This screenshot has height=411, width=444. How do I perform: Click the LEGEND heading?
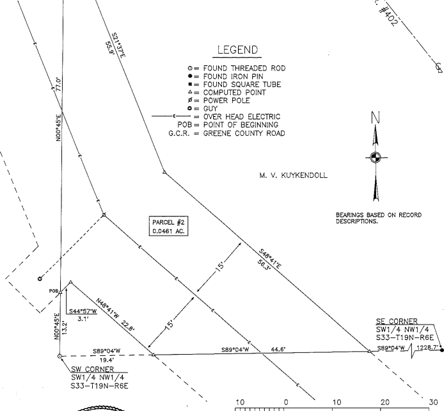click(237, 50)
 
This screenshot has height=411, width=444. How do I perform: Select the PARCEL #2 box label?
click(168, 226)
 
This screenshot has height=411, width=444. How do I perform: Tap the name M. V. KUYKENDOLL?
click(293, 175)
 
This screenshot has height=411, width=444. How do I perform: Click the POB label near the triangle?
click(54, 291)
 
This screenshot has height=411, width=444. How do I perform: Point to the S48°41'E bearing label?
click(271, 259)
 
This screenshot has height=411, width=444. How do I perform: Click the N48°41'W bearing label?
click(108, 309)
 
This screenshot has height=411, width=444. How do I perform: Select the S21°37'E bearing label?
click(118, 45)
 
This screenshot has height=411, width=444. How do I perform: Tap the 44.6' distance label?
click(278, 350)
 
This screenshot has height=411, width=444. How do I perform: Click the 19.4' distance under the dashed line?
click(106, 360)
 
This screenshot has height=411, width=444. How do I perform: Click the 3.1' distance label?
click(83, 319)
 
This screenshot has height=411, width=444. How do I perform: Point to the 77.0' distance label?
click(58, 84)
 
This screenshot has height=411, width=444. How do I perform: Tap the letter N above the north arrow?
click(376, 118)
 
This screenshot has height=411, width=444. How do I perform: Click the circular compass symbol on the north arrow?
click(376, 157)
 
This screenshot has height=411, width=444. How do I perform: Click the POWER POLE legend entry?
click(219, 101)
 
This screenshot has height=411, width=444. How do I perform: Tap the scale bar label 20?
click(385, 402)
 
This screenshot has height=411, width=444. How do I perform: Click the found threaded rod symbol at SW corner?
click(59, 356)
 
